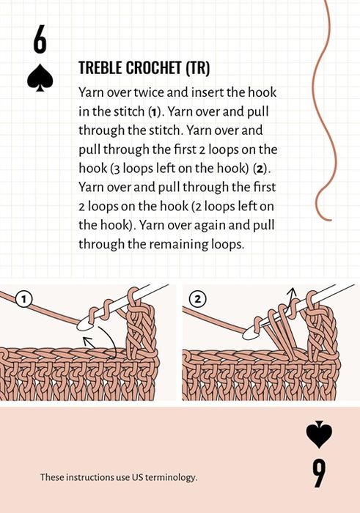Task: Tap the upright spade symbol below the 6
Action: tap(40, 77)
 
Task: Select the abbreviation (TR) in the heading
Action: tap(198, 67)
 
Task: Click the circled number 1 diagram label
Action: tap(23, 298)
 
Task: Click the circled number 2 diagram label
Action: tap(197, 298)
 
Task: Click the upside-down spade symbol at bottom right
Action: tap(319, 434)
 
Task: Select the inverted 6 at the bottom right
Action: tap(319, 473)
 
